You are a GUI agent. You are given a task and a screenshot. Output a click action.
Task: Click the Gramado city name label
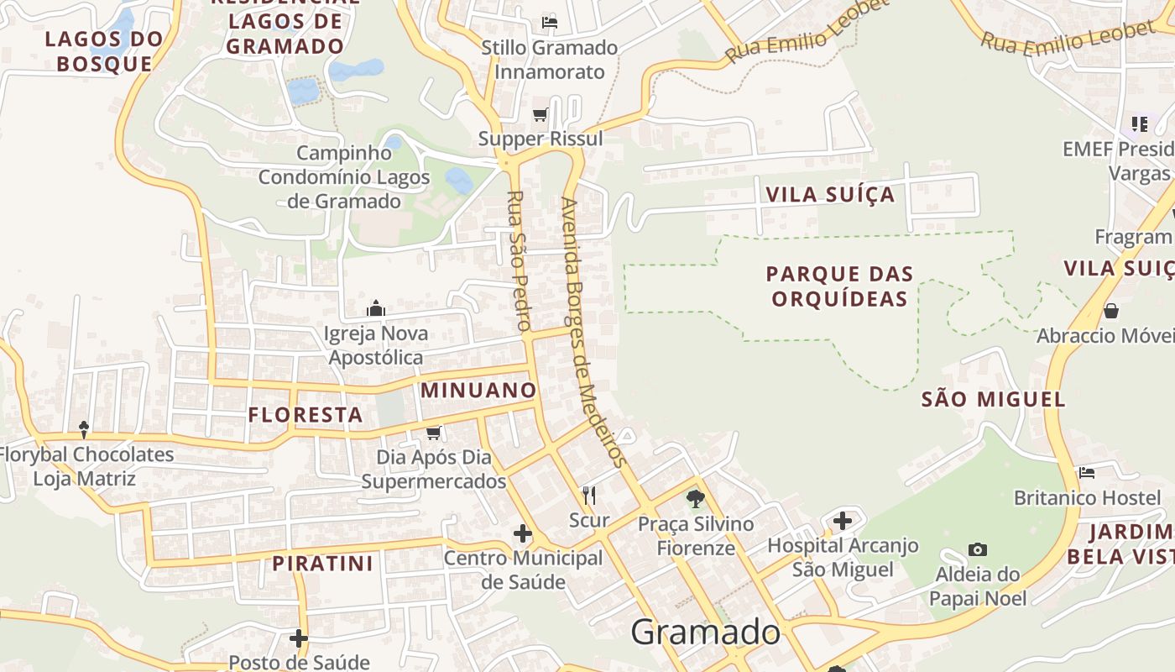pos(705,632)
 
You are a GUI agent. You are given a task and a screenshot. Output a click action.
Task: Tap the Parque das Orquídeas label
pos(839,286)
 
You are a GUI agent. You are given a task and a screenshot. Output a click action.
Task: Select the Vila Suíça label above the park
pos(830,195)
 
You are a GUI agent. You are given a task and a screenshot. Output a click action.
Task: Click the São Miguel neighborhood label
pos(994,399)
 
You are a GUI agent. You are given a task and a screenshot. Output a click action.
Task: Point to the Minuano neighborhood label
pos(478,390)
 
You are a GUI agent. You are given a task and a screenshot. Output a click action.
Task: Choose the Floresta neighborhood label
pos(305,414)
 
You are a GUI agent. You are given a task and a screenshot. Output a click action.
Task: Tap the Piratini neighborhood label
pos(322,563)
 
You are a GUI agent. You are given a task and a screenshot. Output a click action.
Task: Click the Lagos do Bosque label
pos(105,51)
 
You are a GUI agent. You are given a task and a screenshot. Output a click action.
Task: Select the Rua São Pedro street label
pos(519,260)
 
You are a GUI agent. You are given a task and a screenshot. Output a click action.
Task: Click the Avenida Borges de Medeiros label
pos(593,332)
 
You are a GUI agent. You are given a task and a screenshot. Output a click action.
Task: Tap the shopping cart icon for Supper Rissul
pos(540,114)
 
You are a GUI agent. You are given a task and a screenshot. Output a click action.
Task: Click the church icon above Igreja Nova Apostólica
pos(376,308)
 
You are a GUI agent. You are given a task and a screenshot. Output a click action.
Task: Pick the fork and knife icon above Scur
pos(589,496)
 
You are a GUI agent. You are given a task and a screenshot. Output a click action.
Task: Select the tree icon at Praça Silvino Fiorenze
pos(696,499)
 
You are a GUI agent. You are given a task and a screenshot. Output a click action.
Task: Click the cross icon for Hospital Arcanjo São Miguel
pos(843,521)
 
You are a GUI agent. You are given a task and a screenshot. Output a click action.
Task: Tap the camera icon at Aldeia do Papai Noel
pos(977,550)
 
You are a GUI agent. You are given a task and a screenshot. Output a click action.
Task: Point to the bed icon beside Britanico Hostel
pos(1087,473)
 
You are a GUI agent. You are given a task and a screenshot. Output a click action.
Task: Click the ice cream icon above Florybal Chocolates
pos(84,430)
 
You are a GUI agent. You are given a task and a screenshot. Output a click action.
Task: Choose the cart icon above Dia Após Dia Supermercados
pos(434,433)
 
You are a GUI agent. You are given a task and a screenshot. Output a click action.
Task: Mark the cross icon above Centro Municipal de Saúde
pos(523,533)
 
